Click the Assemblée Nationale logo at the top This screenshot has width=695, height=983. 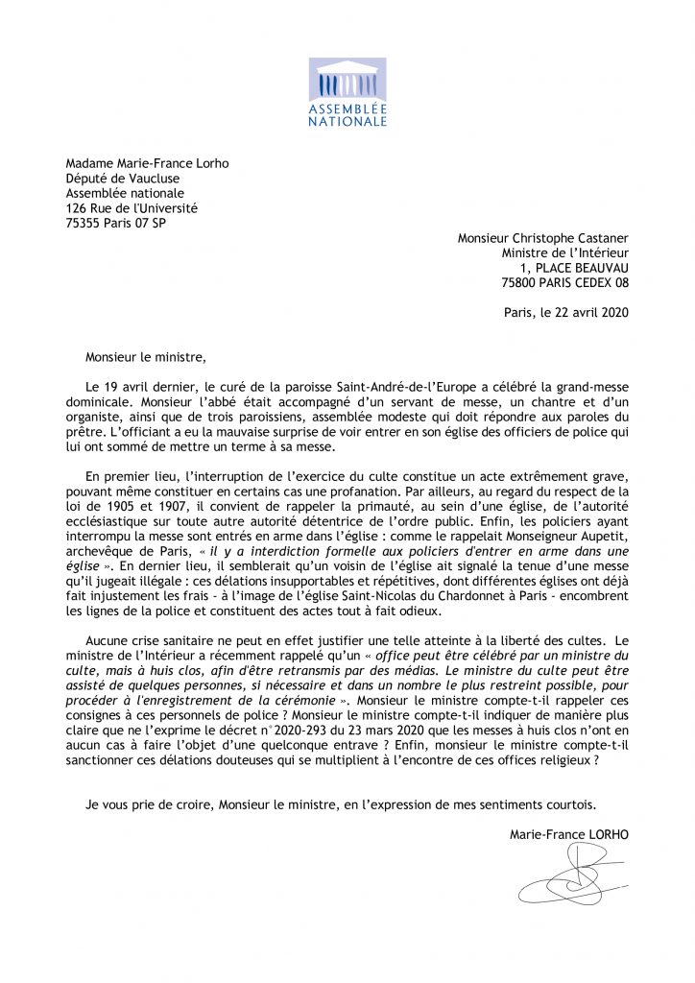point(347,92)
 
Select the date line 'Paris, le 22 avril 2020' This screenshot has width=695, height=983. point(566,311)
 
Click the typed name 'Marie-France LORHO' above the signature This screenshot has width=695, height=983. point(569,834)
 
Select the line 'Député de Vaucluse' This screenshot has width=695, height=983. point(122,178)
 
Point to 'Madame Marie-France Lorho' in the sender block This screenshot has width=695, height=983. point(147,163)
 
